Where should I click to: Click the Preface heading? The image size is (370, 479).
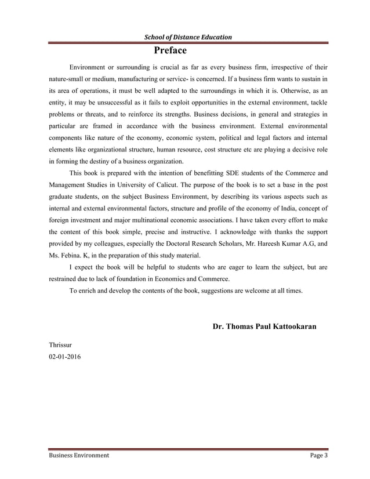(x=169, y=50)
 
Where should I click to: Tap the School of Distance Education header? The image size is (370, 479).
(x=188, y=37)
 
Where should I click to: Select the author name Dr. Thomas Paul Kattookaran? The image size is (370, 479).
(x=264, y=327)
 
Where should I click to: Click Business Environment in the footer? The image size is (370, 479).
(x=78, y=455)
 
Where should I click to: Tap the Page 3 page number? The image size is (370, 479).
(x=319, y=455)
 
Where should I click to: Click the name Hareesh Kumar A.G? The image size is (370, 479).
(x=286, y=244)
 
